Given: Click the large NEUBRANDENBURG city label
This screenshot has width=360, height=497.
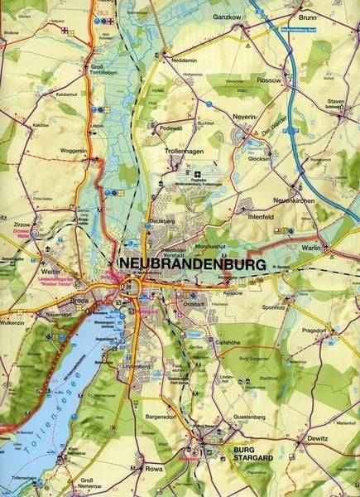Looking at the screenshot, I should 193,263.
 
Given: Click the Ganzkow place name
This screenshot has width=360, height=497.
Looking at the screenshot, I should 227,16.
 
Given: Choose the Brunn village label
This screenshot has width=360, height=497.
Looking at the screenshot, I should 308,16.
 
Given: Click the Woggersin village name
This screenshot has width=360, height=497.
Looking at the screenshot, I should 74,150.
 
